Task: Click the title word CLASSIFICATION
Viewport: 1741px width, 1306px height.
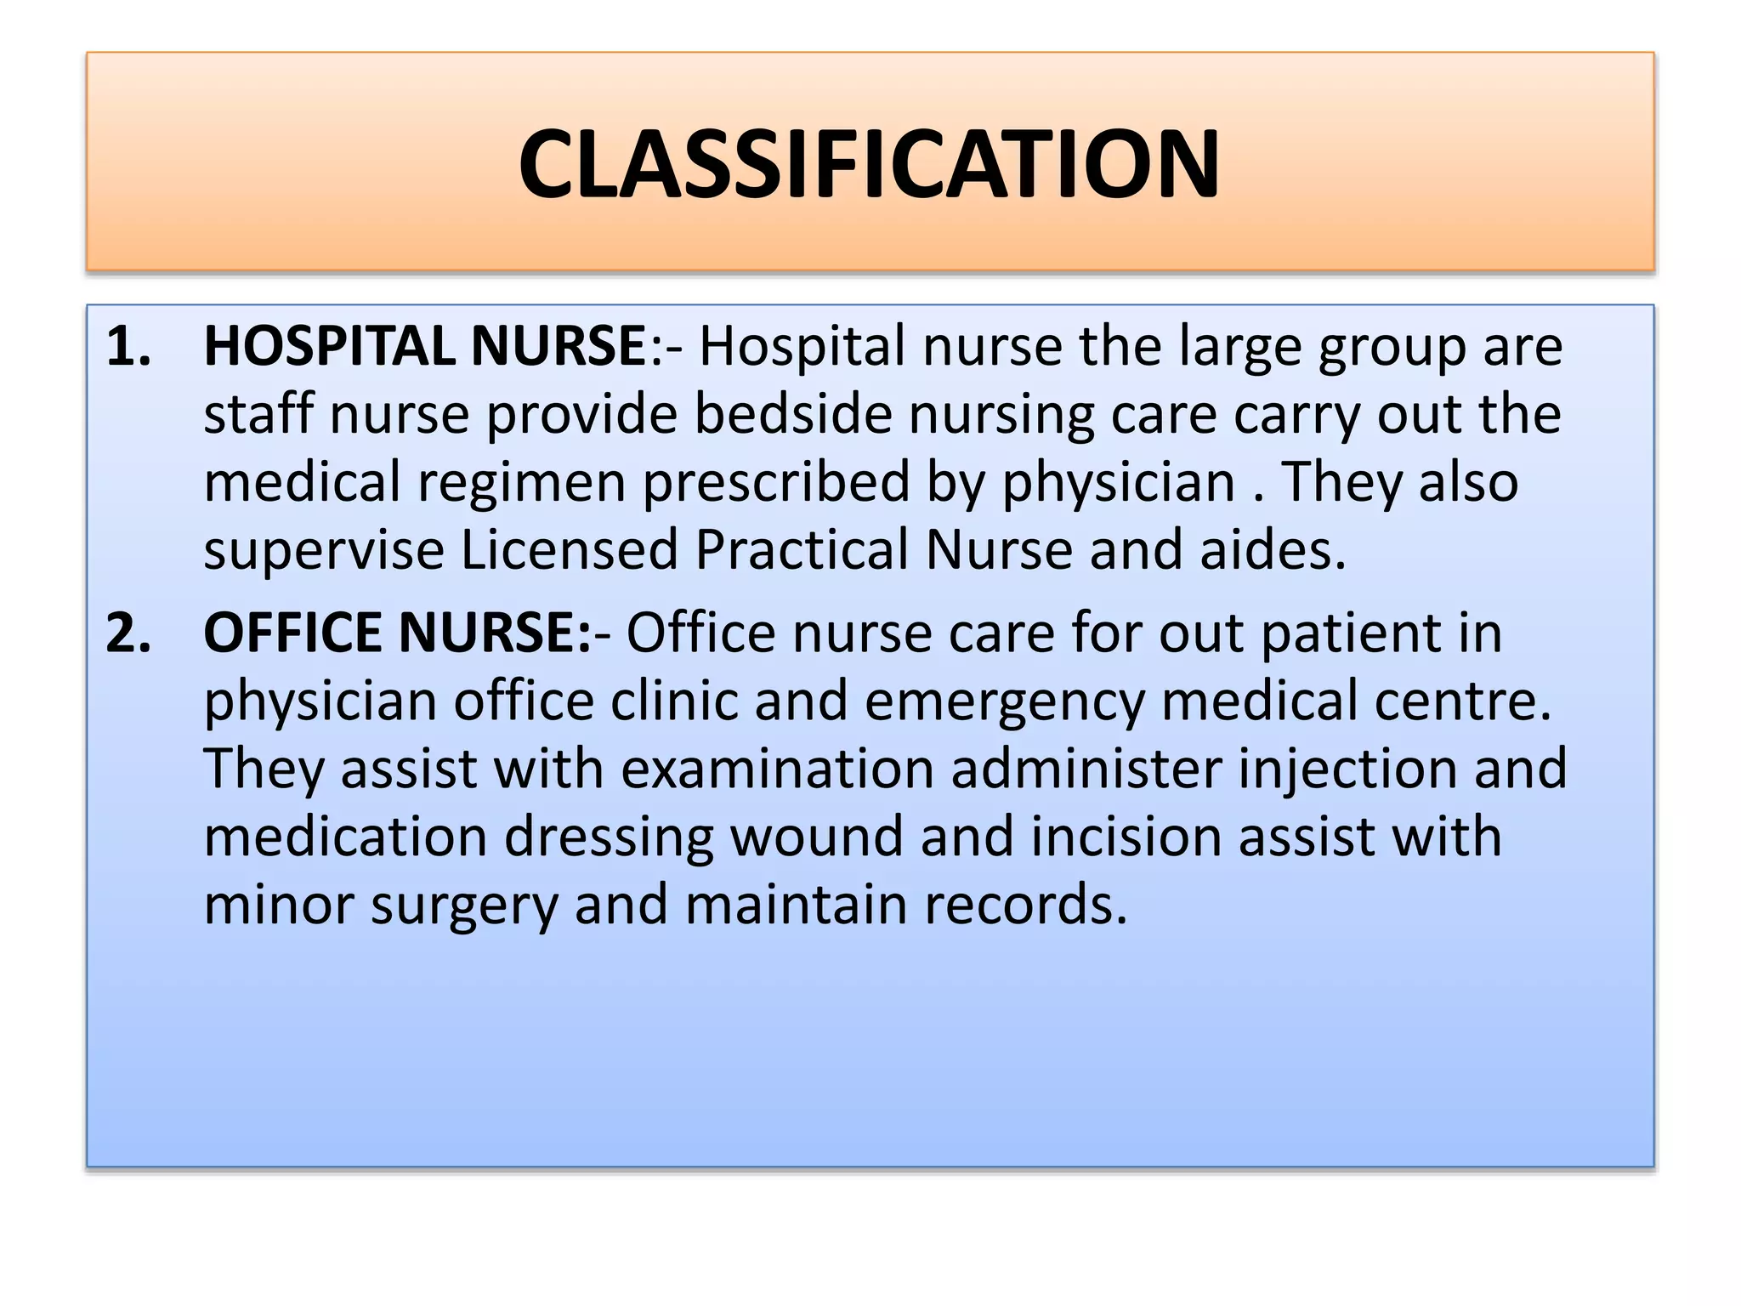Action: click(x=869, y=164)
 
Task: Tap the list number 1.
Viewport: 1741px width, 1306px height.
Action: click(x=128, y=347)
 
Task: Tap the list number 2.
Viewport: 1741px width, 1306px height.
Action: click(x=128, y=633)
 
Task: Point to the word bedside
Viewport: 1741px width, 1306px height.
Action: click(x=793, y=415)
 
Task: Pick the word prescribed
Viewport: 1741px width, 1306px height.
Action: click(x=775, y=483)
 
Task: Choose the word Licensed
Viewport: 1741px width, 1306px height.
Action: click(x=569, y=550)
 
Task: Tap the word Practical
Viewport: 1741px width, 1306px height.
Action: click(x=802, y=550)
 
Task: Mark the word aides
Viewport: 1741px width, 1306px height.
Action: click(x=1272, y=550)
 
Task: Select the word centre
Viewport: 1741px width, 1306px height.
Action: click(x=1462, y=702)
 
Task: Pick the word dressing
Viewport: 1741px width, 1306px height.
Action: click(x=609, y=838)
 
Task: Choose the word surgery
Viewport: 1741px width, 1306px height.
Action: click(x=464, y=906)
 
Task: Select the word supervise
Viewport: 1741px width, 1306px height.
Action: click(x=324, y=551)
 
